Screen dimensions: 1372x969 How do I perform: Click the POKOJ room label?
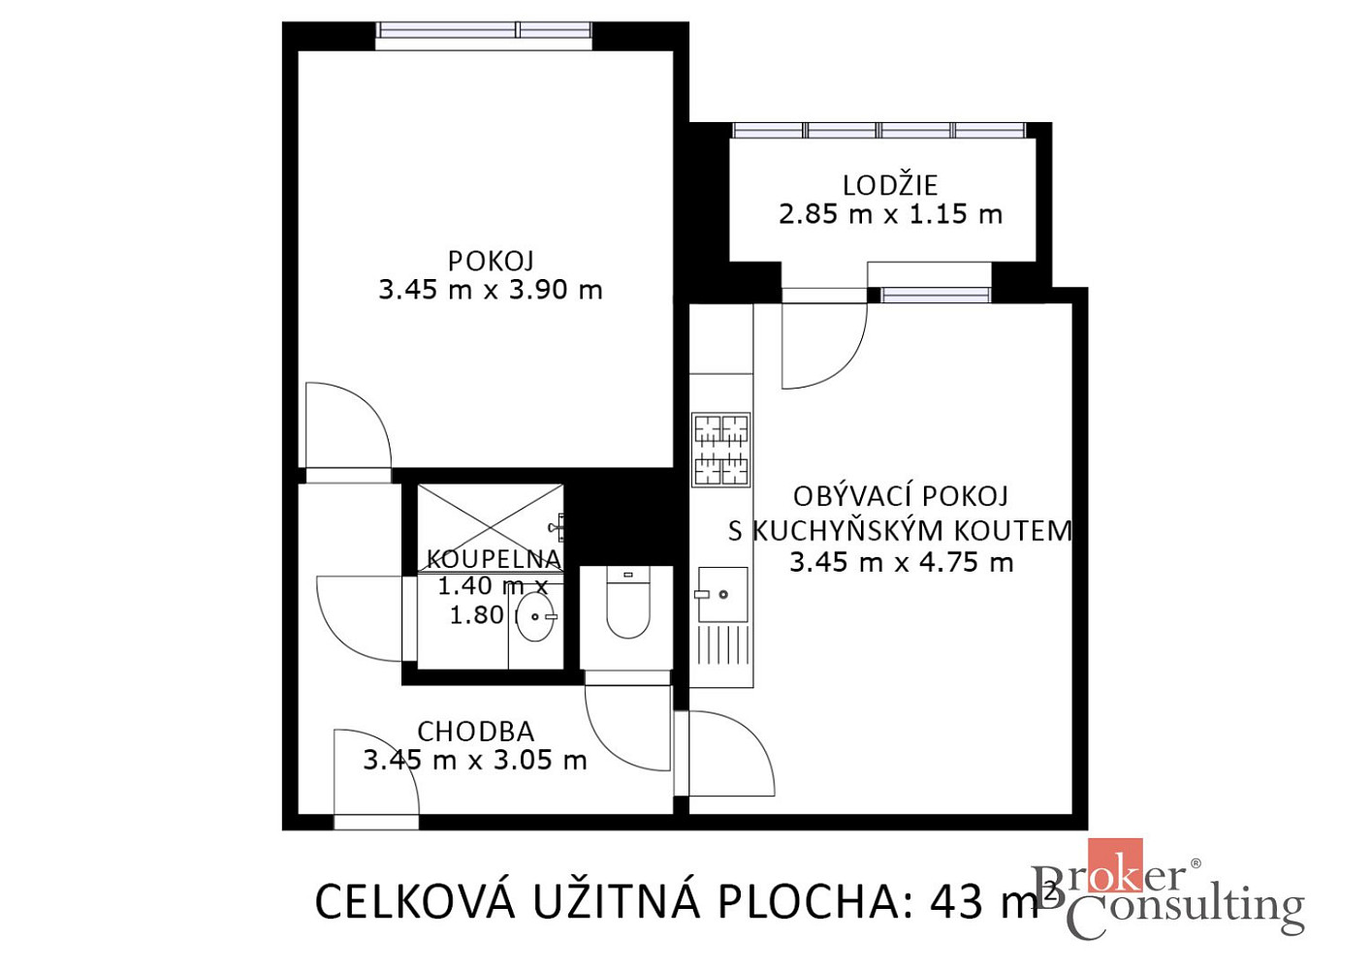pos(491,262)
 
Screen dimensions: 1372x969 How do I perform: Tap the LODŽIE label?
pos(890,186)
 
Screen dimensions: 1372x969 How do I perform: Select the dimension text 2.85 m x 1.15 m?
pos(890,215)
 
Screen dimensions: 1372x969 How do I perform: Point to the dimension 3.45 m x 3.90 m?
pos(491,290)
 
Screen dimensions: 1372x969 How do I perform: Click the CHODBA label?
pos(475,732)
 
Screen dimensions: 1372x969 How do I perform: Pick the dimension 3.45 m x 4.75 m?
pos(901,562)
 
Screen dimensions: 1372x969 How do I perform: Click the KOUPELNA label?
pos(494,559)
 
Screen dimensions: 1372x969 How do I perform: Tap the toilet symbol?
pos(627,603)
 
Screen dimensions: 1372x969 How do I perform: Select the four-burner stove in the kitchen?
pos(721,450)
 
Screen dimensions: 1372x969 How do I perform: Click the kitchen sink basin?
pos(722,594)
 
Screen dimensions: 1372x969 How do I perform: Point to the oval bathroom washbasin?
pos(534,616)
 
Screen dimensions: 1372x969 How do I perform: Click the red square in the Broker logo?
pos(1115,864)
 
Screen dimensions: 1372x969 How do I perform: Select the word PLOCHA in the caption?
pos(808,902)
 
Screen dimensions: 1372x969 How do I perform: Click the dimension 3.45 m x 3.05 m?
pos(475,761)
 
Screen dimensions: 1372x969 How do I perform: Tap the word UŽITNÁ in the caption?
pos(618,900)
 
